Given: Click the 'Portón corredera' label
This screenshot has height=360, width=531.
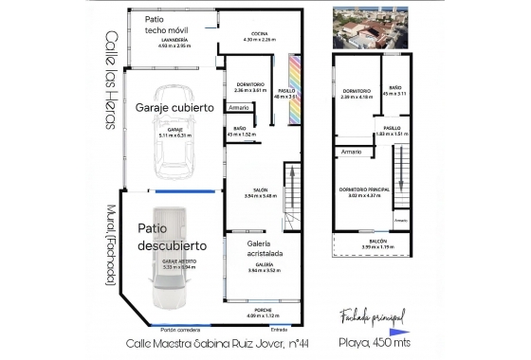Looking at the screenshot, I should click(179, 329).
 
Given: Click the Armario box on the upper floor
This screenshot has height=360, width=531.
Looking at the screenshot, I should click(352, 152).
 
